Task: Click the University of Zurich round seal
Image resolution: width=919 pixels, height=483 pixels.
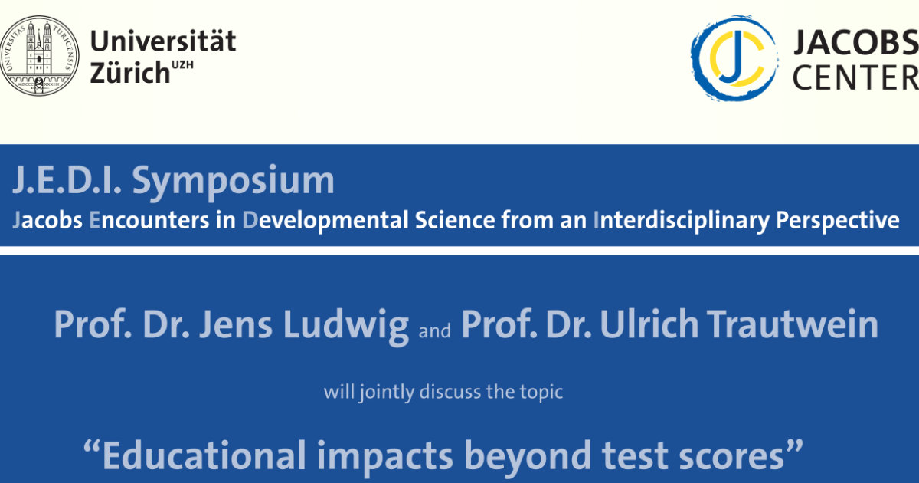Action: (x=39, y=55)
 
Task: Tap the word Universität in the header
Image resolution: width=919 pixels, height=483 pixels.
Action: (x=163, y=41)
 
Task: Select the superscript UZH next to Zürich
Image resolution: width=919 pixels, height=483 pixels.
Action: (x=182, y=65)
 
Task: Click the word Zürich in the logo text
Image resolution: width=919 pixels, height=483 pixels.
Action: (x=129, y=73)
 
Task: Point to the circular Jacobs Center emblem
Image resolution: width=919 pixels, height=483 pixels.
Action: (x=734, y=58)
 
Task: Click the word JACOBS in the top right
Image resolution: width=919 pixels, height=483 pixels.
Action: (x=856, y=42)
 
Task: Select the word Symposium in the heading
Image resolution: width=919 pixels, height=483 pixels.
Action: (x=233, y=181)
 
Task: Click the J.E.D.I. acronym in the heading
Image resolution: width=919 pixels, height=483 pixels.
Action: (x=67, y=179)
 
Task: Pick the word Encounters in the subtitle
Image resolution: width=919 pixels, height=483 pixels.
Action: (x=149, y=220)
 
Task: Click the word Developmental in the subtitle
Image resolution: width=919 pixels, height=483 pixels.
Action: (x=325, y=221)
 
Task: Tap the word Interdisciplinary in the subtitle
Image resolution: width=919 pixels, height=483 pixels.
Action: (x=682, y=221)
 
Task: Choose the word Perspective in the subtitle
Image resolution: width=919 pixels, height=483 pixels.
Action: (x=838, y=221)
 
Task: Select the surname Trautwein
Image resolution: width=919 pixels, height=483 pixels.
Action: (x=792, y=324)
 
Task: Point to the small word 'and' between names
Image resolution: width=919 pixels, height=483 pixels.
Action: (x=434, y=330)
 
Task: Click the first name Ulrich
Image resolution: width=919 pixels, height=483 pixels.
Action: (x=649, y=324)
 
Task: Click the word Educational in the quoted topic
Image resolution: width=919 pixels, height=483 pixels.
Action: (x=204, y=455)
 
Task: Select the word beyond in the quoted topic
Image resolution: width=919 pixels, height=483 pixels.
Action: (x=527, y=457)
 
